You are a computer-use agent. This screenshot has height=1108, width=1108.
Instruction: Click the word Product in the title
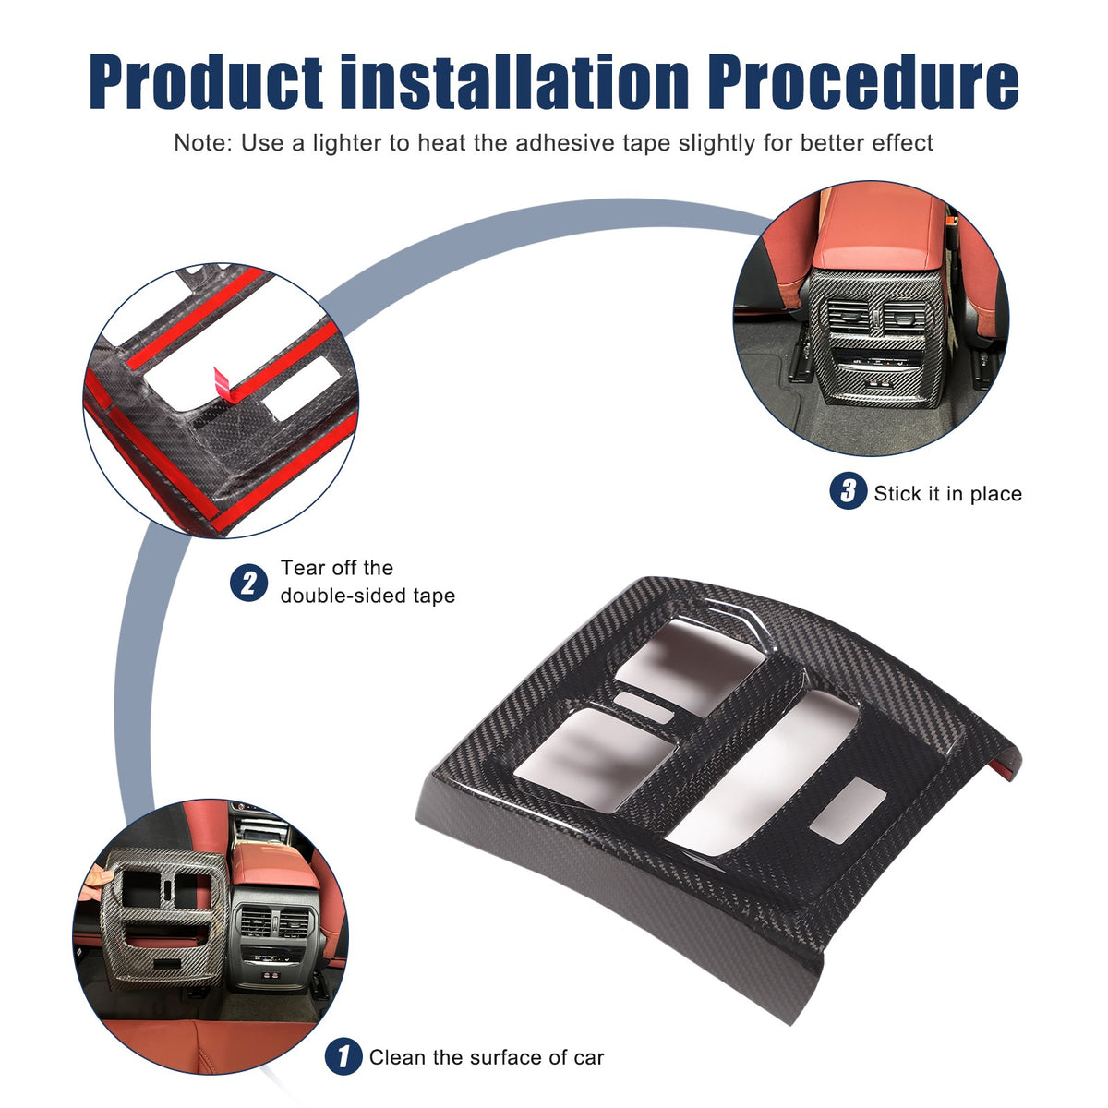click(205, 81)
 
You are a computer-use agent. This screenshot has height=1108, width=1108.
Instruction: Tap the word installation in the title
click(514, 81)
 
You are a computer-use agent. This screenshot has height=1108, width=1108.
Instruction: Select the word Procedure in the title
click(863, 81)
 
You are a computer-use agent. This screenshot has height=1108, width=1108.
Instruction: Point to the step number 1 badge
click(343, 1056)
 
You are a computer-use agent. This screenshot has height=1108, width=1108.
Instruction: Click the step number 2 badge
click(248, 583)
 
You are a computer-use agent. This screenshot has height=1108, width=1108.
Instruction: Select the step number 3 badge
click(848, 490)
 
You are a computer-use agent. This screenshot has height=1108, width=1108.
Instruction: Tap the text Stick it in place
click(947, 494)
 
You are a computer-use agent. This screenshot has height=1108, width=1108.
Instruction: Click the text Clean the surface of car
click(487, 1057)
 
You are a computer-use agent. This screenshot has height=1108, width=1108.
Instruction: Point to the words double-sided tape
click(367, 596)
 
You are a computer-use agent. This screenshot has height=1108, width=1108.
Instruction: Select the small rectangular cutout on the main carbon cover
click(847, 811)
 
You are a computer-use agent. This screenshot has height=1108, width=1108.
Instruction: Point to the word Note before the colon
click(200, 142)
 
